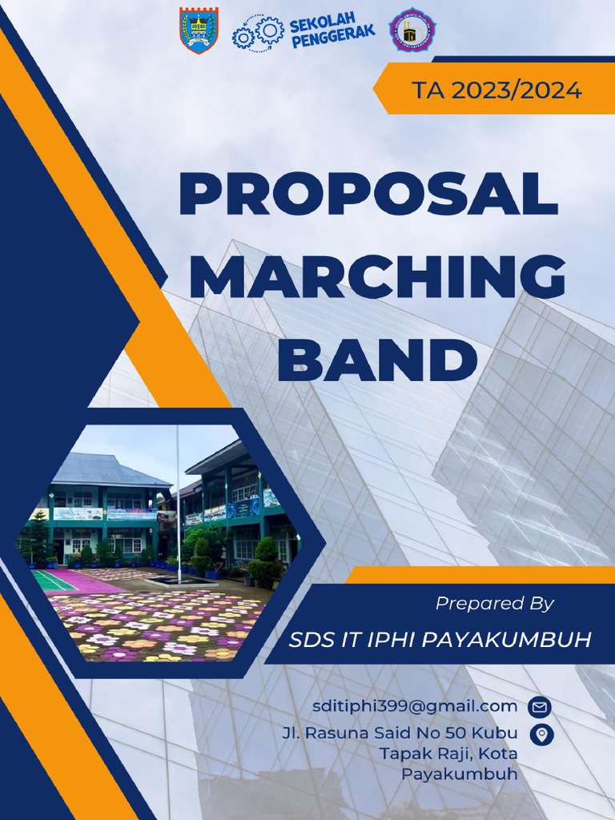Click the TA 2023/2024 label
[x=496, y=90]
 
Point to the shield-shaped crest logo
[x=199, y=30]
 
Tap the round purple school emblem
[x=412, y=30]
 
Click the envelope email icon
[x=540, y=707]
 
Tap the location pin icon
[x=542, y=734]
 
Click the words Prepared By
[x=495, y=604]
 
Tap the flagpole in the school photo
[x=179, y=512]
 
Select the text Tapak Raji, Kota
[x=448, y=754]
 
